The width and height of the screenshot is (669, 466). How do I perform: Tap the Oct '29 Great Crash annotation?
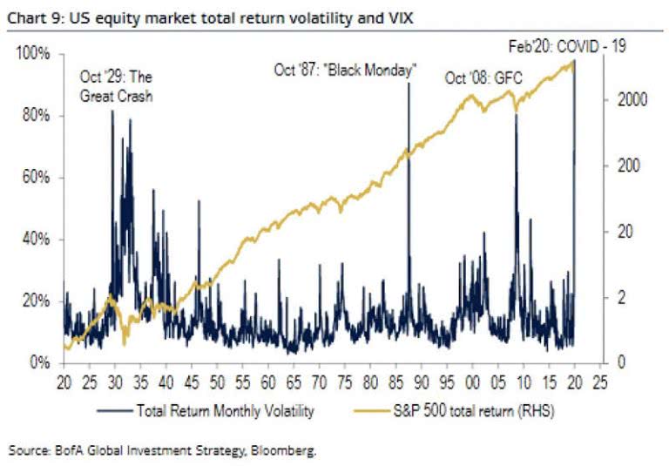[116, 87]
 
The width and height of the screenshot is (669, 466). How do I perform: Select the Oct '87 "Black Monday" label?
[345, 70]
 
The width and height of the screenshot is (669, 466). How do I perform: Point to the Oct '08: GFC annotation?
[483, 78]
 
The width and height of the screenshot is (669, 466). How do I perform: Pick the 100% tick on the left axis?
[34, 55]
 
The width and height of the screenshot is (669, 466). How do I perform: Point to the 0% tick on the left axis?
[40, 362]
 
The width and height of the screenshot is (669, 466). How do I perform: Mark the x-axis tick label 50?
[218, 382]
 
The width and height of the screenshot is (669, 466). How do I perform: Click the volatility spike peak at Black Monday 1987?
[409, 84]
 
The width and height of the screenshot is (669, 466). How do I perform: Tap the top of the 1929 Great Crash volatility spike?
[112, 111]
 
